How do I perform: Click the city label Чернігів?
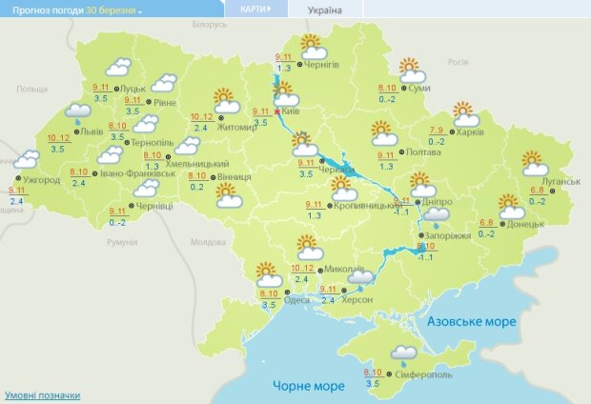point(322,66)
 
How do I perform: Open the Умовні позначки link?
point(43,394)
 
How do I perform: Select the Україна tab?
point(324,10)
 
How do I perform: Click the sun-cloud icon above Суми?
point(412,71)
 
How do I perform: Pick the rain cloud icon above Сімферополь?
point(404,354)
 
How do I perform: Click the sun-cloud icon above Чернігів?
point(313,47)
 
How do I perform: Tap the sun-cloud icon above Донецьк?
point(512,206)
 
